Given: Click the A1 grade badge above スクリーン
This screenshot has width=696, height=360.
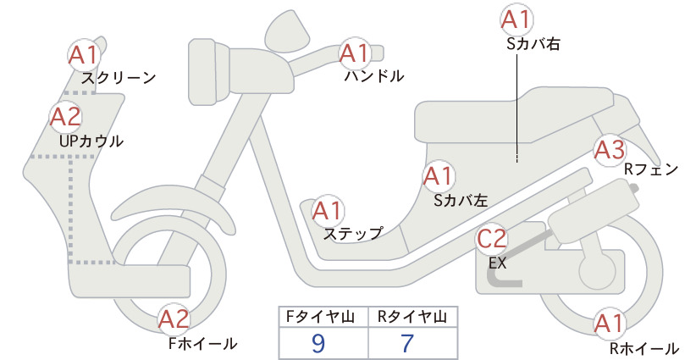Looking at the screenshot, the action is coord(84,55).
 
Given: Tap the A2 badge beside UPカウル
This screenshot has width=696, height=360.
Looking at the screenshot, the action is coord(66,117).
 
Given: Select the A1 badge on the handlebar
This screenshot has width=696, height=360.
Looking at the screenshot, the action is coord(355,53).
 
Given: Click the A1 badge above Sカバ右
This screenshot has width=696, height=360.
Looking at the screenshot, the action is coord(517,20).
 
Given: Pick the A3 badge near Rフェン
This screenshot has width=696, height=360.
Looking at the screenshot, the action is coord(610,150).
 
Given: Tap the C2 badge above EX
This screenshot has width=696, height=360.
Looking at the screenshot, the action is coord(492,239).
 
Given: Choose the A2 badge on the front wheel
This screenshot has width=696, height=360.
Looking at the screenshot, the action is coord(174,319).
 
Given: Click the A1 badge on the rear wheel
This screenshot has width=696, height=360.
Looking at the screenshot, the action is coord(610,324).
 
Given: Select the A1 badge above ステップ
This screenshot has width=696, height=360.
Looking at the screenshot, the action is coord(328,211).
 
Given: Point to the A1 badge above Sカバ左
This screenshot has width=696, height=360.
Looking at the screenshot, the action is coord(438,176).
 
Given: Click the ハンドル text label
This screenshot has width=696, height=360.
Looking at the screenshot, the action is coord(374,76).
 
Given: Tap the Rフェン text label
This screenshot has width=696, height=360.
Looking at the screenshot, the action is coord(652,169).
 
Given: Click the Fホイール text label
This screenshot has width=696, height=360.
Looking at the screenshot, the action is coord(203,343).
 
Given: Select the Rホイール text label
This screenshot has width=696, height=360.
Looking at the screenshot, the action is coord(644,348).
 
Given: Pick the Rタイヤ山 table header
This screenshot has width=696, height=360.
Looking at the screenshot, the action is coord(412,317).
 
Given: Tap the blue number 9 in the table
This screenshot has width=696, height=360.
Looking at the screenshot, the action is coord(318,343).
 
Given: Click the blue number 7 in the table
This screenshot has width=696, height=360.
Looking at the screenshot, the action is coord(407,343).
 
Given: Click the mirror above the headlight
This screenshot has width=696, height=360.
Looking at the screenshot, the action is coord(287,29).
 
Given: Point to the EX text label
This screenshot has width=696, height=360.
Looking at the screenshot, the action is coord(498,263).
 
